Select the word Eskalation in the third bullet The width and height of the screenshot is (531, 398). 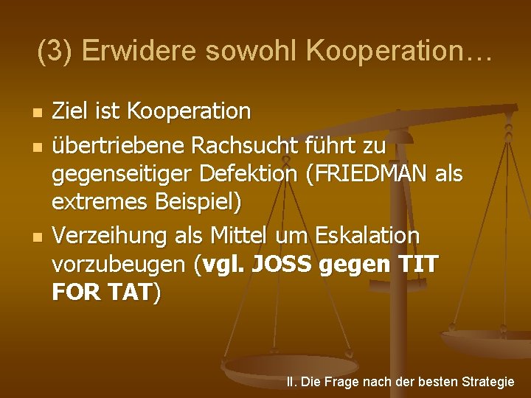click(366, 237)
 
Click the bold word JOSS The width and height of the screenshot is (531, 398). click(284, 262)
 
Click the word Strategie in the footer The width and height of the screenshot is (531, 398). click(487, 382)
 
